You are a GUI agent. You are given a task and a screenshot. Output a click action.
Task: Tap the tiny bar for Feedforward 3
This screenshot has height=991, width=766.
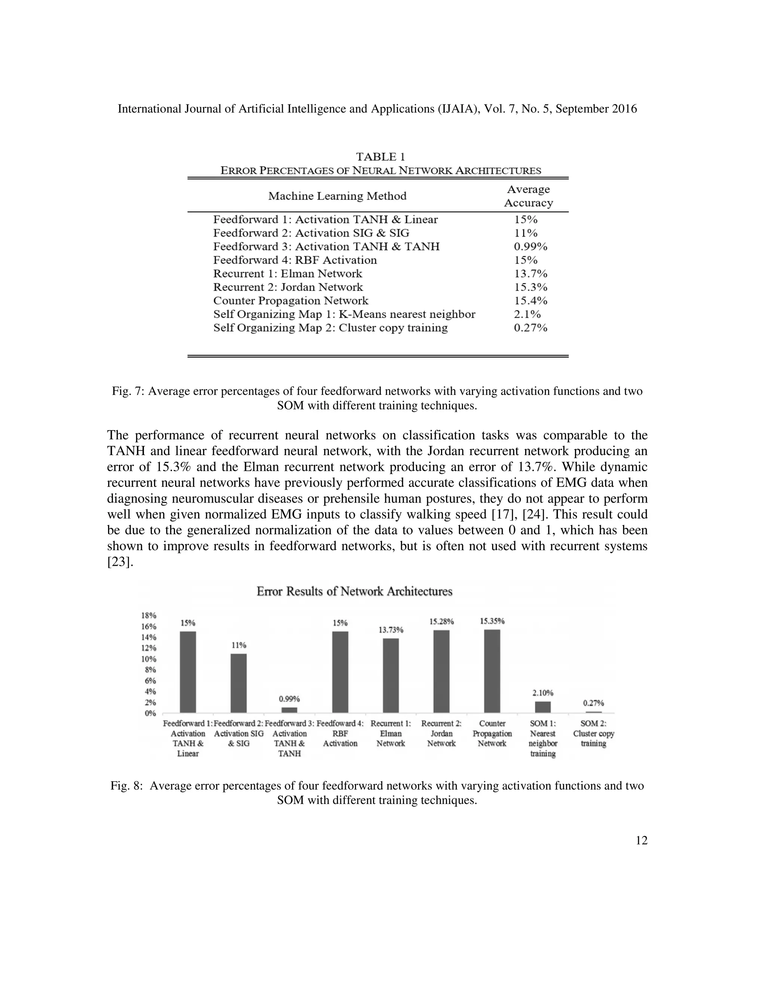coord(289,710)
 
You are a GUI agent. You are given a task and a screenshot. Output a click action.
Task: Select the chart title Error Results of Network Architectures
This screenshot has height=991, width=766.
coord(355,592)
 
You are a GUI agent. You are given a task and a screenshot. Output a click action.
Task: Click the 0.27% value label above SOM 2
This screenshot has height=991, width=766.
coord(593,703)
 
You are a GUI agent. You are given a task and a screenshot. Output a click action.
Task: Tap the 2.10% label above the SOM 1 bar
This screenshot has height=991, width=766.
coord(543,693)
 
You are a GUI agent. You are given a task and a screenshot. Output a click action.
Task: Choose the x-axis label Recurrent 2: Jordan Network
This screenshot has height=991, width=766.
coord(441,733)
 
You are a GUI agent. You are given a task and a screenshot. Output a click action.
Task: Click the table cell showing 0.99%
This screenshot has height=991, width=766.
coord(530,247)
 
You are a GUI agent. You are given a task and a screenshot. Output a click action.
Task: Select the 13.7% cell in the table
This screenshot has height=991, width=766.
coord(530,274)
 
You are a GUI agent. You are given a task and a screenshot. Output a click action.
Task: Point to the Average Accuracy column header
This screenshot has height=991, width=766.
coord(528,196)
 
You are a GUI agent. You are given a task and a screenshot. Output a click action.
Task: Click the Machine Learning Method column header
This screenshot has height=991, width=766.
coord(337,196)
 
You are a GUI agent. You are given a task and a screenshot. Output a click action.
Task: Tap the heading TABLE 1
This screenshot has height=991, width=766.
coord(380,157)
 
